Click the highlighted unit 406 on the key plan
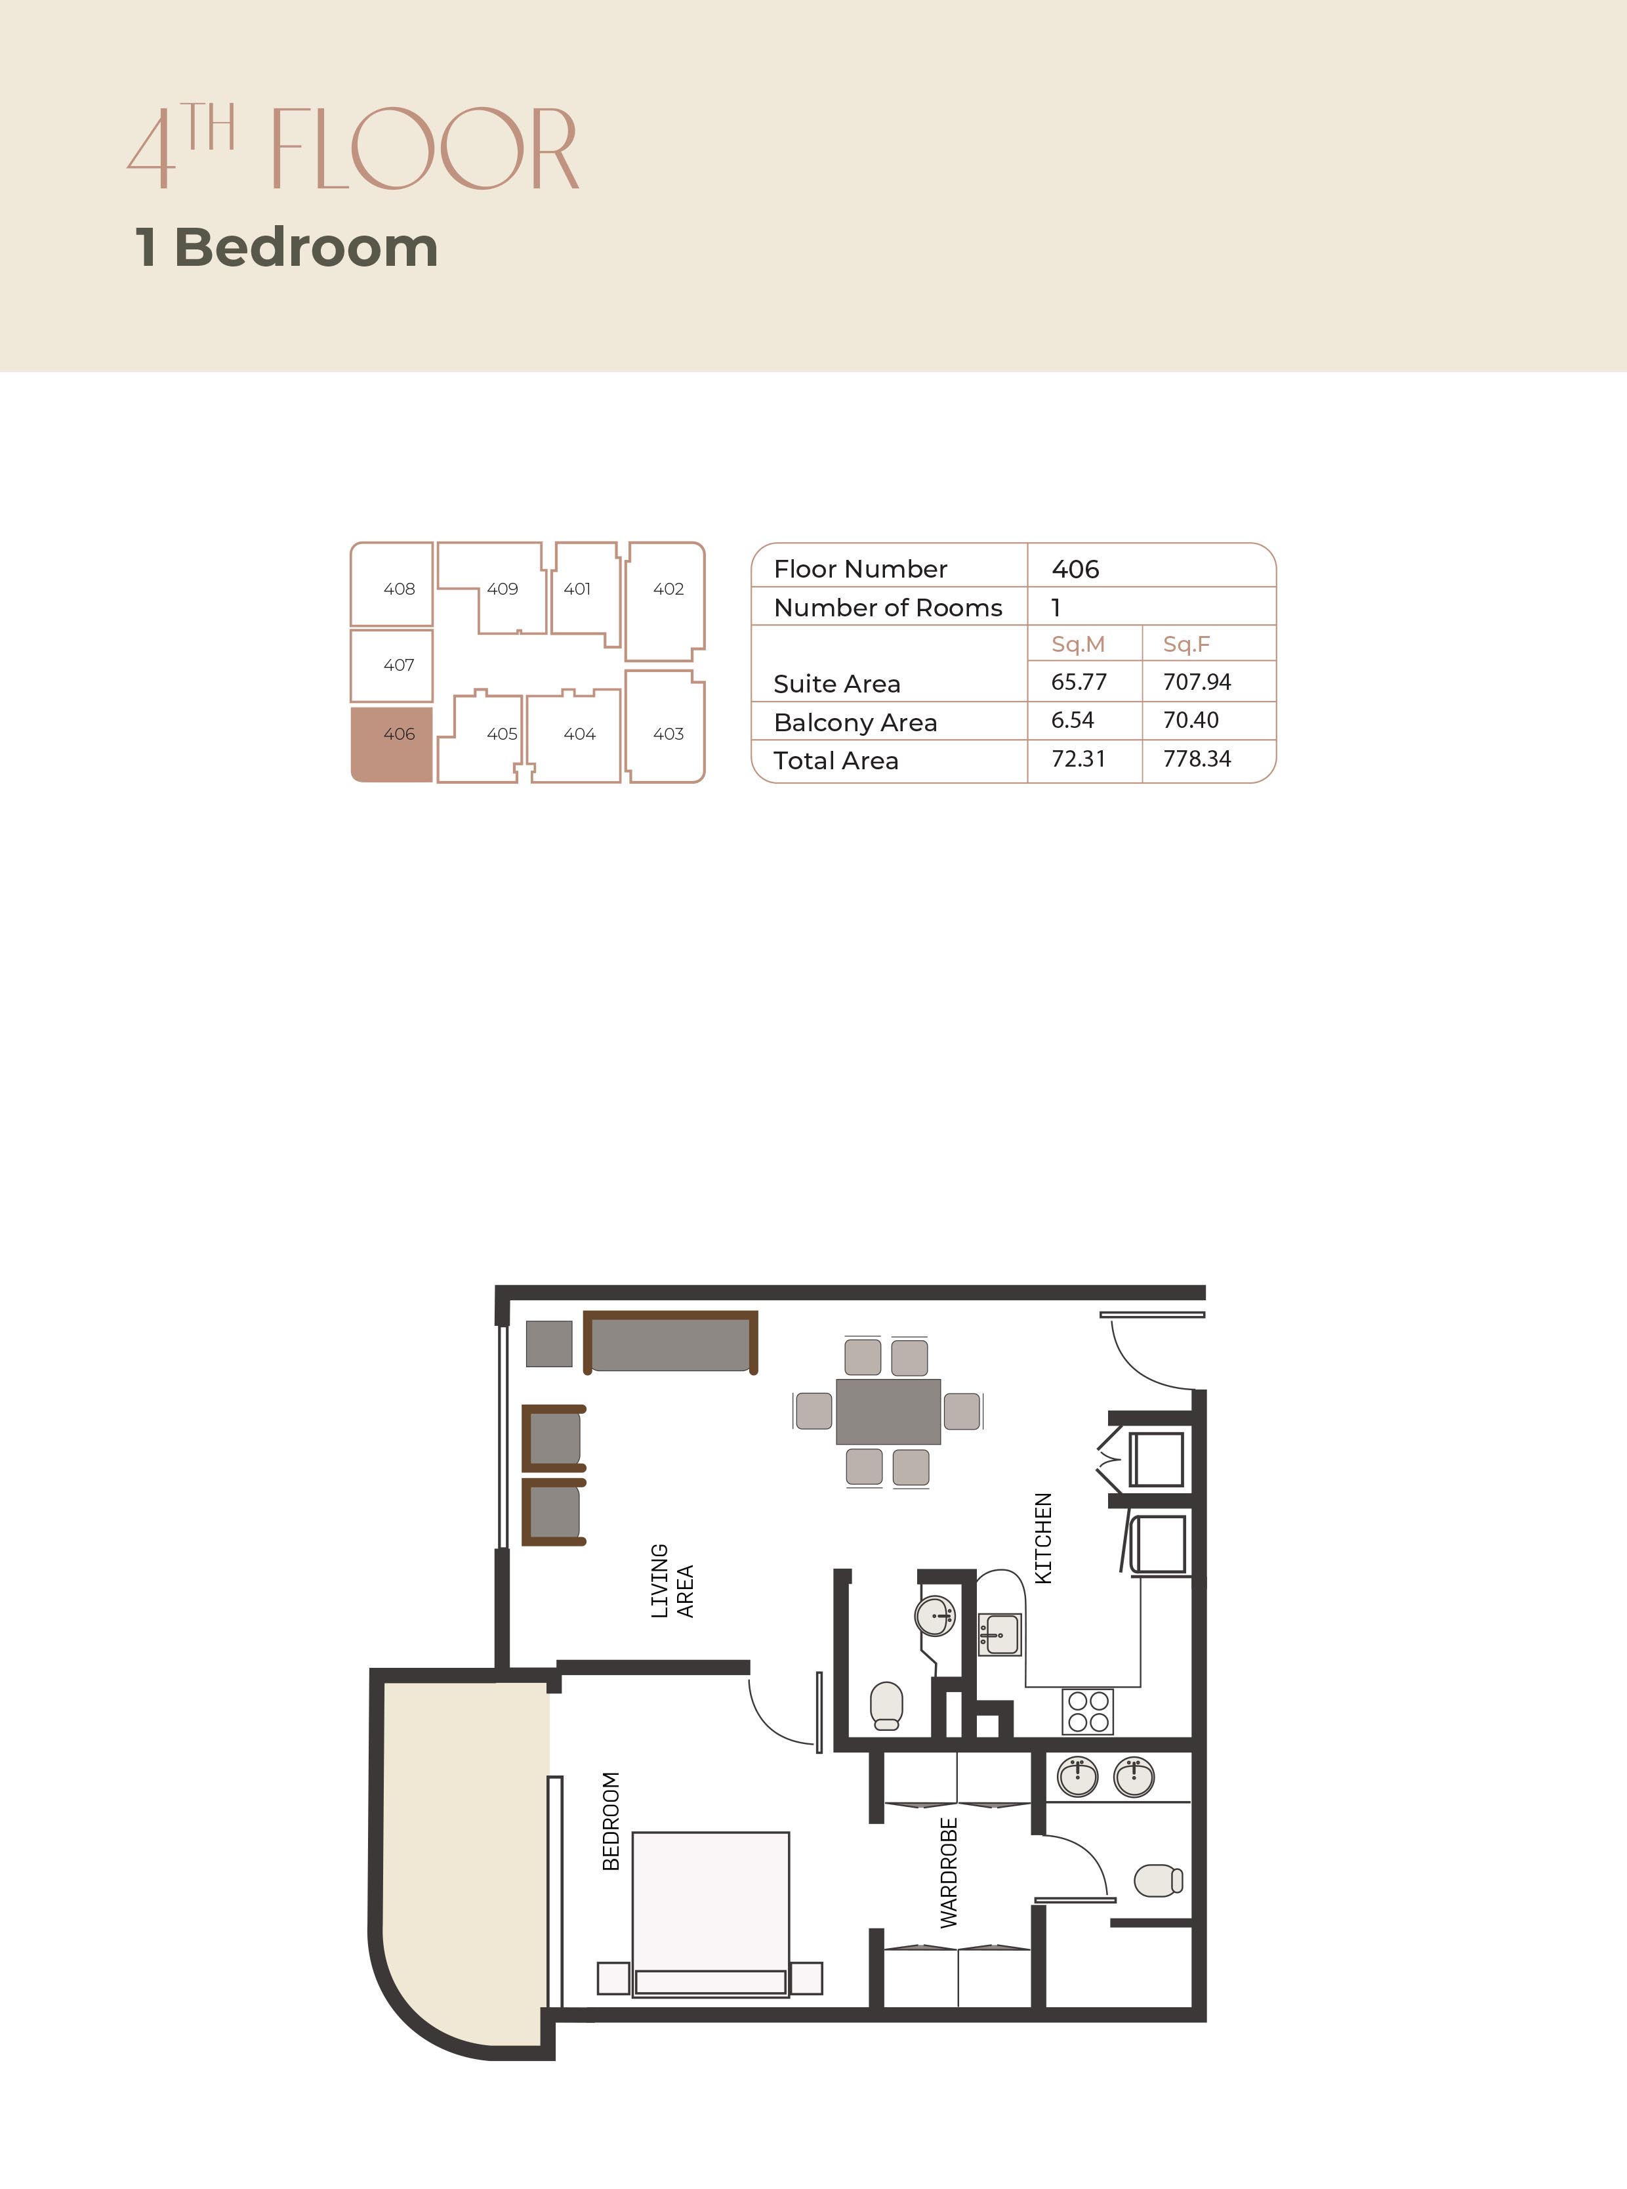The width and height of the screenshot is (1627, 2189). pos(392,744)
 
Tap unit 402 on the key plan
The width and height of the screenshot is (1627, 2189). pos(666,601)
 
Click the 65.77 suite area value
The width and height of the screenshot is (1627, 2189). pos(1079,682)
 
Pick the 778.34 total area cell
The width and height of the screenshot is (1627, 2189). pos(1197,759)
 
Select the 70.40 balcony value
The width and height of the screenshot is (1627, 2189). pos(1191,720)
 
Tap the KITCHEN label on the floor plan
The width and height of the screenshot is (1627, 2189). pos(1043,1539)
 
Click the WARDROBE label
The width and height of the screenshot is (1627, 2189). pos(949,1873)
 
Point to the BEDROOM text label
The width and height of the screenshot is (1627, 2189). pos(611,1821)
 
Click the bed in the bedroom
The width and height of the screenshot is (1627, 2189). pos(710,1914)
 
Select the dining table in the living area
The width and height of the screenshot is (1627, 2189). pos(888,1411)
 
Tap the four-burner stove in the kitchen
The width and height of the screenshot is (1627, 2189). pos(1087,1711)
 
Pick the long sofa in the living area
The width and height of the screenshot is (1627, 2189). pos(670,1342)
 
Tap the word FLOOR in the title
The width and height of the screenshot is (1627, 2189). pos(424,149)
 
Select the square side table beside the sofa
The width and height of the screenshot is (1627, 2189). pos(548,1344)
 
